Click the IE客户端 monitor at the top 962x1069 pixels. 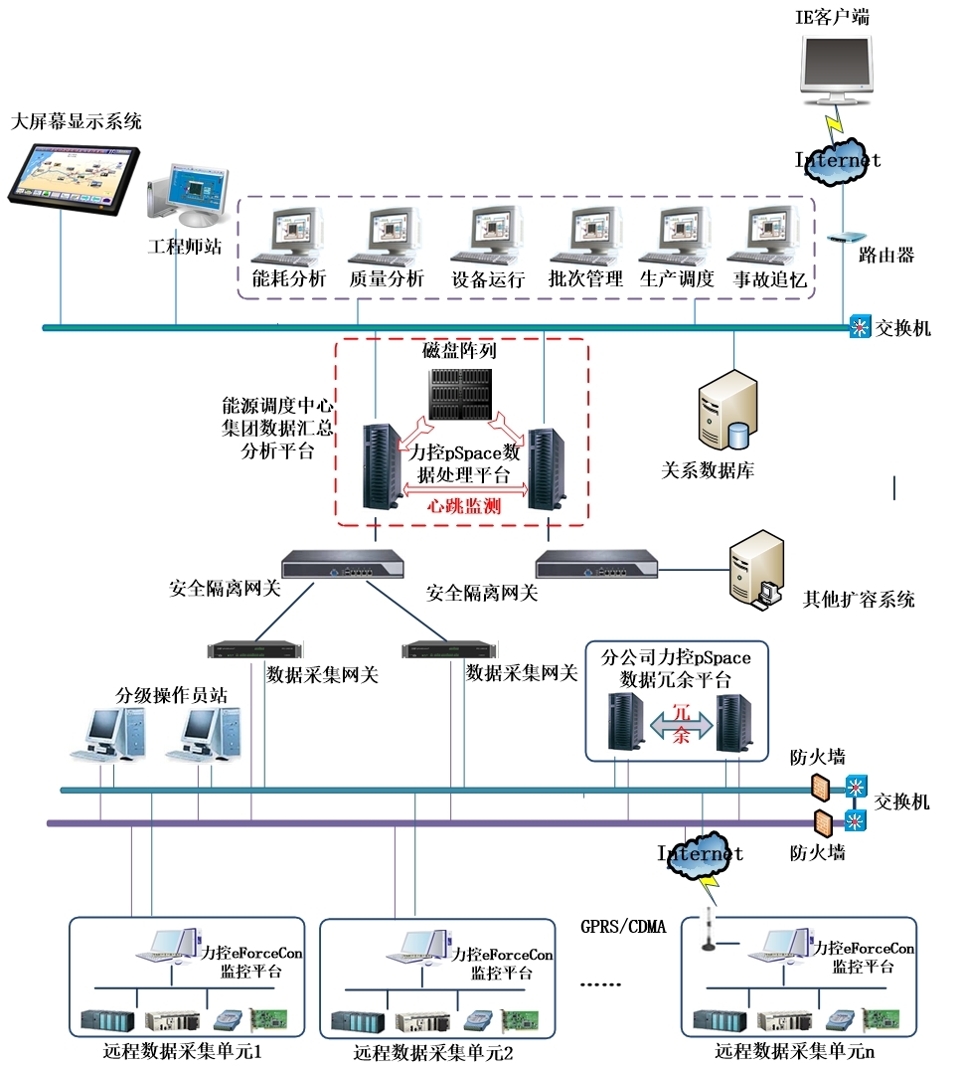coord(840,66)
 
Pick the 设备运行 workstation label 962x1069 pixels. coord(488,279)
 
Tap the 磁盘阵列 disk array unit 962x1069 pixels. coord(460,394)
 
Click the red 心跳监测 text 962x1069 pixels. coord(464,505)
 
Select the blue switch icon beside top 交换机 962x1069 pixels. coord(860,327)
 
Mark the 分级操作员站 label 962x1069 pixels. coord(172,695)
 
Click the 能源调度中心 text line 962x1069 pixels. coord(277,408)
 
